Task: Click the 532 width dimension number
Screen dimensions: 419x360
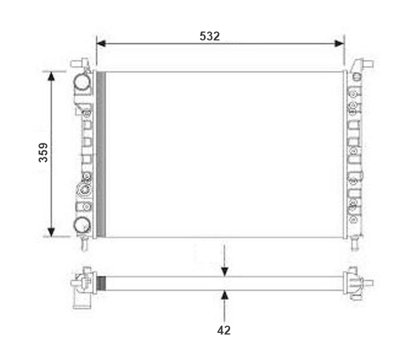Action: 209,36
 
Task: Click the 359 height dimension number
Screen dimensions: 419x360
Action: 43,153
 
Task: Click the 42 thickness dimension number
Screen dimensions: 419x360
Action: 223,331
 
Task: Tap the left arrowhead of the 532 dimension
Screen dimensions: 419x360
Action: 101,43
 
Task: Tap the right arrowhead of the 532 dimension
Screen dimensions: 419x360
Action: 339,43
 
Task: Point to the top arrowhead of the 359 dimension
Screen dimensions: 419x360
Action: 51,76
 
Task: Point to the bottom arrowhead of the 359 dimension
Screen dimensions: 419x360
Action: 51,232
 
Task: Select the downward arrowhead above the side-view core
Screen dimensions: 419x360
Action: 224,272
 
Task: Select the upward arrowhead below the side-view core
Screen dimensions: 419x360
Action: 224,295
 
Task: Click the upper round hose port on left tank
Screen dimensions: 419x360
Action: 82,82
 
